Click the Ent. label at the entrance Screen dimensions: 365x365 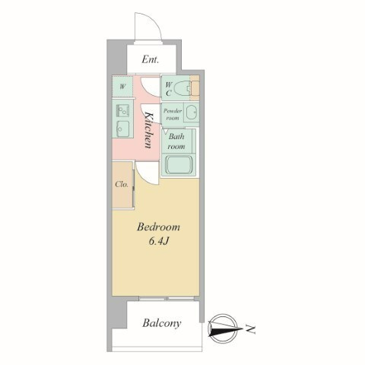pyautogui.click(x=151, y=59)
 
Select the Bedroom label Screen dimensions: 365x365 pyautogui.click(x=158, y=227)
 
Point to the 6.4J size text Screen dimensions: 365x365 pyautogui.click(x=159, y=241)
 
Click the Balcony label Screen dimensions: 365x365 pyautogui.click(x=162, y=323)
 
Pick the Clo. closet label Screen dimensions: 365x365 pyautogui.click(x=122, y=184)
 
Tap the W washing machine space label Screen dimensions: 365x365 pyautogui.click(x=122, y=87)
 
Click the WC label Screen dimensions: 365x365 pyautogui.click(x=169, y=89)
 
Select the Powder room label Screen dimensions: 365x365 pyautogui.click(x=173, y=114)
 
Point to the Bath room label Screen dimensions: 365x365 pyautogui.click(x=176, y=141)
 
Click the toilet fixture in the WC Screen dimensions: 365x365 pyautogui.click(x=182, y=88)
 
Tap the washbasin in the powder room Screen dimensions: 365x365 pyautogui.click(x=192, y=113)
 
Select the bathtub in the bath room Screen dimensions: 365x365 pyautogui.click(x=179, y=164)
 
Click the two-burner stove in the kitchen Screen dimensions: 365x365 pyautogui.click(x=122, y=111)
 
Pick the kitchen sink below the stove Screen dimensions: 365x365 pyautogui.click(x=122, y=129)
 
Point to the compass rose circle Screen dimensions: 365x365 pyautogui.click(x=223, y=329)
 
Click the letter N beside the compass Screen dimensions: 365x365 pyautogui.click(x=251, y=329)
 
